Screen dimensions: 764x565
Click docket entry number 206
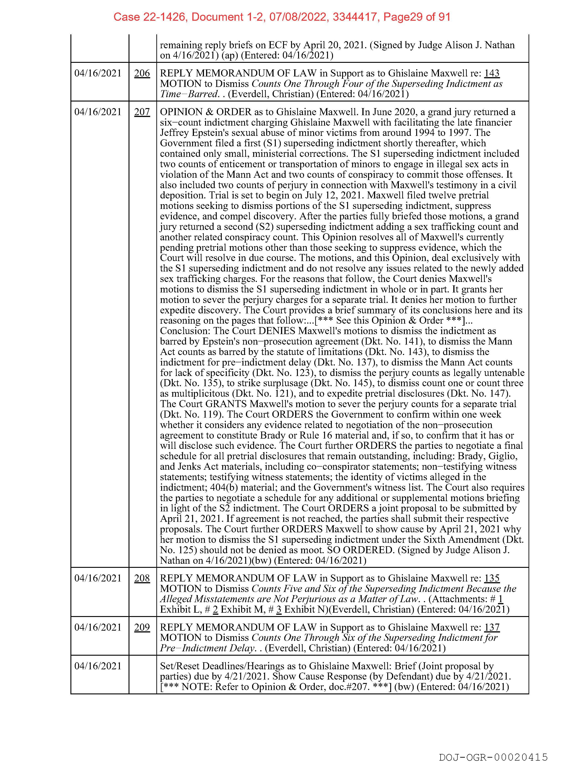tap(142, 74)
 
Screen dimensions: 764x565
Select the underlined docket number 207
tap(142, 112)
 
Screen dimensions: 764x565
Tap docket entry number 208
tap(142, 578)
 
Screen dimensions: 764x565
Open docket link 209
tap(142, 627)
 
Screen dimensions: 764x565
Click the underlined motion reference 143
tap(491, 74)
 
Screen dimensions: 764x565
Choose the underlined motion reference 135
tap(491, 578)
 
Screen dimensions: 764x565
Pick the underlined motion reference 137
tap(491, 627)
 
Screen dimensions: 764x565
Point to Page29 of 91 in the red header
tap(417, 17)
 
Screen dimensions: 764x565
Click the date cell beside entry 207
tap(98, 112)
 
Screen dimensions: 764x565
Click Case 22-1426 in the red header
tap(150, 17)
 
